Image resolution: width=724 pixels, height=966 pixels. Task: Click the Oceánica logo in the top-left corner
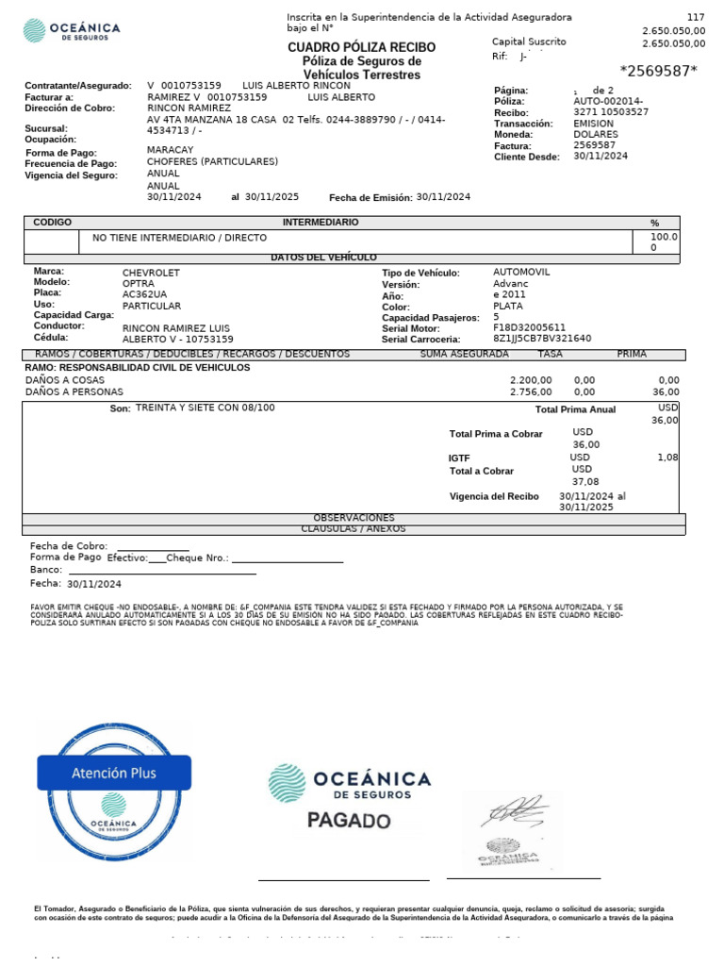(x=71, y=31)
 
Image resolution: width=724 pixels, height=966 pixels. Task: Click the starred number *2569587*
(x=658, y=71)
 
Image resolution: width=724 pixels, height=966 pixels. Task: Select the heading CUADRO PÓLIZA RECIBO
(x=361, y=47)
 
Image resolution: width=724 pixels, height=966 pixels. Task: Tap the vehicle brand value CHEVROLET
(x=151, y=273)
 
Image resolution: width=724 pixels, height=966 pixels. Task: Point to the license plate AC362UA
(x=145, y=294)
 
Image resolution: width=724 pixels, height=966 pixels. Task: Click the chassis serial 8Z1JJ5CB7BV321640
(x=542, y=339)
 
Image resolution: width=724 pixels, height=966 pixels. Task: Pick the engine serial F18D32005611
(x=529, y=327)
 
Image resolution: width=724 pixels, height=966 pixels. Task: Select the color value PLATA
(x=508, y=307)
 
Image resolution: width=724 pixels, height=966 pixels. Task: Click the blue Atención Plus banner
(x=114, y=773)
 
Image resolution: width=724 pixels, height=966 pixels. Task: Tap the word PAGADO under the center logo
(x=349, y=821)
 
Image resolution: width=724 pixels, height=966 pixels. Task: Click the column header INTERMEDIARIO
(x=321, y=222)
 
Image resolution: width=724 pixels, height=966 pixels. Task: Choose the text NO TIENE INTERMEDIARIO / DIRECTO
(x=179, y=238)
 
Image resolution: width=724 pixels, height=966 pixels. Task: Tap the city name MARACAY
(x=170, y=150)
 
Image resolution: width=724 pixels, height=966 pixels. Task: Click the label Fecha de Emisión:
(x=370, y=197)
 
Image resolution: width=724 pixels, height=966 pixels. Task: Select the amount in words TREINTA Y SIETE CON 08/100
(x=206, y=408)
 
